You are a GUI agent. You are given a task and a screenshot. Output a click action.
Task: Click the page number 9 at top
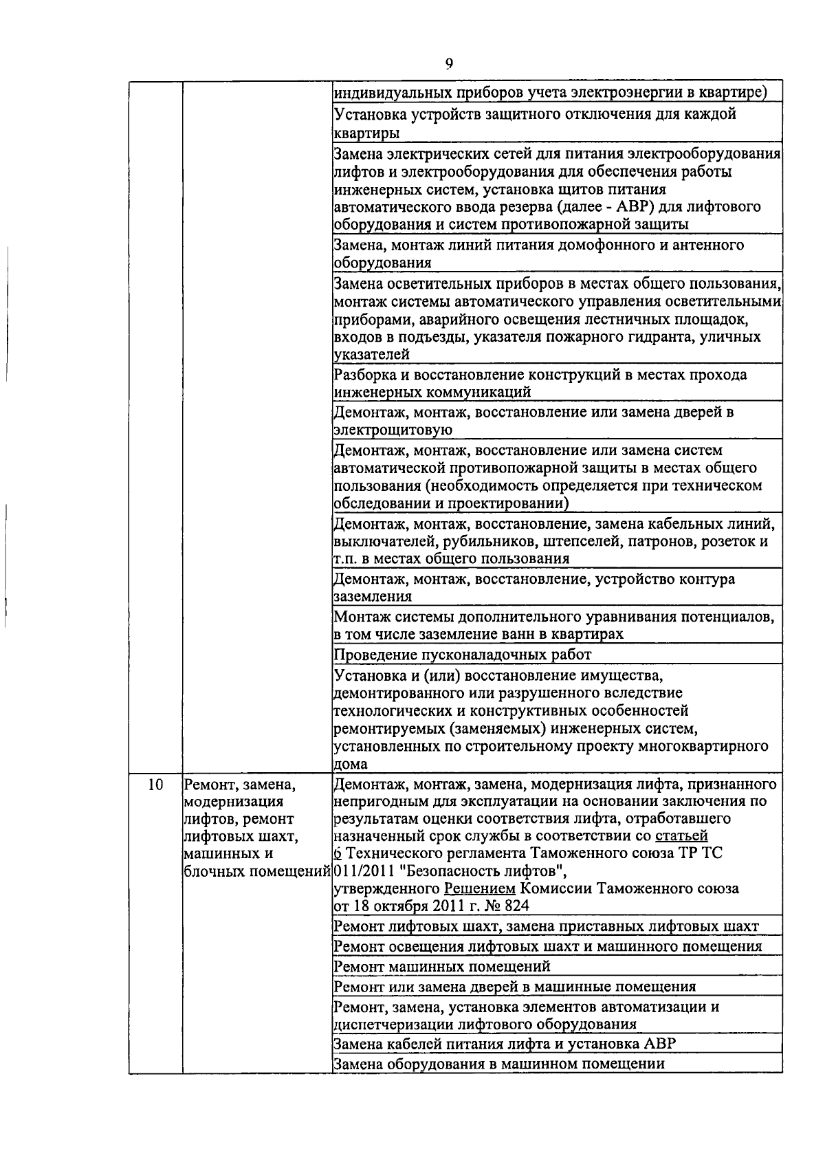[449, 64]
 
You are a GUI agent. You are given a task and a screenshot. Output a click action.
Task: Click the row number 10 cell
[155, 784]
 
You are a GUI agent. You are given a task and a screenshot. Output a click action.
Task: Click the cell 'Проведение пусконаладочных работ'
[462, 654]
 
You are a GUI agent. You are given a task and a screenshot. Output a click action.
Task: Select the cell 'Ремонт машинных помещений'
[441, 966]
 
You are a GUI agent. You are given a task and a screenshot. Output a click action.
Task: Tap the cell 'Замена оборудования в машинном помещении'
[498, 1064]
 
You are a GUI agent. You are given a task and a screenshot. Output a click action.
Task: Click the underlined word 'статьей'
[681, 835]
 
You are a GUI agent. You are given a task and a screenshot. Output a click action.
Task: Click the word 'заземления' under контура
[373, 596]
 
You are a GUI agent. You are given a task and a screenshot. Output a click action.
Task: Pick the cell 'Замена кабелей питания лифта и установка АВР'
[504, 1043]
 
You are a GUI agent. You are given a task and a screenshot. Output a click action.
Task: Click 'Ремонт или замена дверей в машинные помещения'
[514, 987]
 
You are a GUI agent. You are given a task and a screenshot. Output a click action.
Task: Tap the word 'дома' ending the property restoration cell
[350, 764]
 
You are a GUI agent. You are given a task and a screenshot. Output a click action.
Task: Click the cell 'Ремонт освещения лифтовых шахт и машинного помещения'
[547, 946]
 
